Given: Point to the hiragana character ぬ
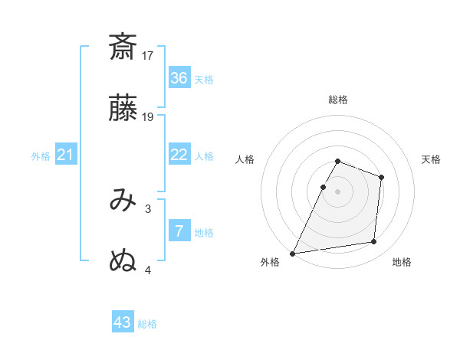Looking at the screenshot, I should click(123, 261).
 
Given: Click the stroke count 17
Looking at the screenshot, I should click(148, 55).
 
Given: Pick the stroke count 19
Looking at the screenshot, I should click(148, 116).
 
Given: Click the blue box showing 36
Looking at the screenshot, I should click(179, 78).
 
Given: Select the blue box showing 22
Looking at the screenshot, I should click(179, 155).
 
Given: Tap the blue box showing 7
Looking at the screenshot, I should click(179, 231).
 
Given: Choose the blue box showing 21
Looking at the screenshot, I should click(66, 155).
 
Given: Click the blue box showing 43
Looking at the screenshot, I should click(123, 322).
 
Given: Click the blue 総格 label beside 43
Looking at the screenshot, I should click(147, 324).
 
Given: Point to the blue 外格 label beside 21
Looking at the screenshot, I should click(41, 156).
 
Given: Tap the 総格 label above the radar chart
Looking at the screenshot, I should click(338, 100).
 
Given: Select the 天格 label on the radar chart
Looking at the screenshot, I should click(431, 159).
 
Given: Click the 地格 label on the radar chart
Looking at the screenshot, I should click(402, 263).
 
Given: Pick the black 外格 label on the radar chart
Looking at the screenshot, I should click(270, 263).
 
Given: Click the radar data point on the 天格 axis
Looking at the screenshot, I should click(381, 177).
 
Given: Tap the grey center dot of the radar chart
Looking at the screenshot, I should click(337, 191).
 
